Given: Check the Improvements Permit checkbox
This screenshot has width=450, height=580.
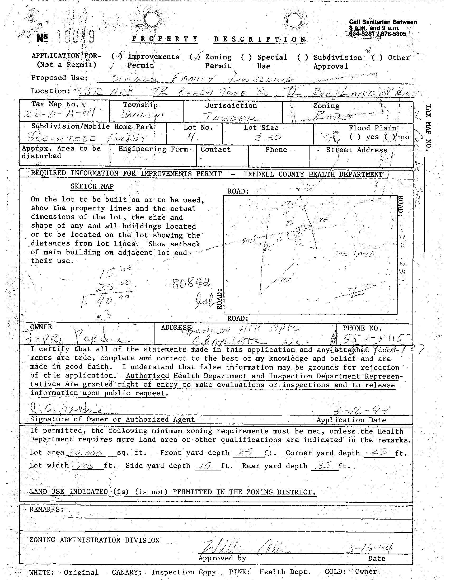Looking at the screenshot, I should [x=117, y=56].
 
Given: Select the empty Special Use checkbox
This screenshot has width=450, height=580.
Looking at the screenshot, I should [x=246, y=57].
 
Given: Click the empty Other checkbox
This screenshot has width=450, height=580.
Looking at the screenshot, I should [x=377, y=58].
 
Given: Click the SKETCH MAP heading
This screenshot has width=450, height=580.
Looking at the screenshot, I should [x=92, y=186].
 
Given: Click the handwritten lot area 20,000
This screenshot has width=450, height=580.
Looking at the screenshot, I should [x=85, y=453].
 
